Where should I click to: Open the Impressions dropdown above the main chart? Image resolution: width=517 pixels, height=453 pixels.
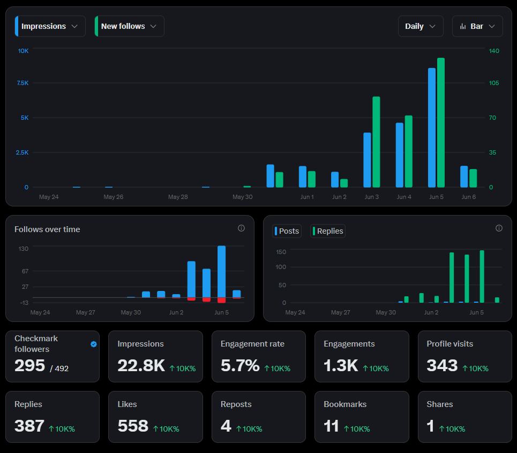coord(50,26)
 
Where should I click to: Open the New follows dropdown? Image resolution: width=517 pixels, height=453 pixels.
coord(129,26)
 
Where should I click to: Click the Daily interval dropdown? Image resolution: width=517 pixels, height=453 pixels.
coord(421,26)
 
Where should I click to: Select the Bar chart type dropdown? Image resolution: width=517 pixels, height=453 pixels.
coord(477,26)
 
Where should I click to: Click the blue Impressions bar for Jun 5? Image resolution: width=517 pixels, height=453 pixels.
coord(432,128)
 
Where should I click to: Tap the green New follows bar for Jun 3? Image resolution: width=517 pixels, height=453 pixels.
coord(376,142)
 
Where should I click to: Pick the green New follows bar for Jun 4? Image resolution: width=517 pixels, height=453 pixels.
coord(409,151)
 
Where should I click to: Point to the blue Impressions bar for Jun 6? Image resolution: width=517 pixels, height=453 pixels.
coord(464,176)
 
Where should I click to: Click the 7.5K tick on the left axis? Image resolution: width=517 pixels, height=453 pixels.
coord(23,83)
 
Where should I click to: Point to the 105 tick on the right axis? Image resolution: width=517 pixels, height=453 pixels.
coord(493,83)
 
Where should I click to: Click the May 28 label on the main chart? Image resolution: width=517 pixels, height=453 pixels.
coord(178,197)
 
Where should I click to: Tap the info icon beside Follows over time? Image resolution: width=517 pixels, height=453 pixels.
coord(241,228)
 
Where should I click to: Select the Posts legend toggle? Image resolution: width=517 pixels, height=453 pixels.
coord(287,231)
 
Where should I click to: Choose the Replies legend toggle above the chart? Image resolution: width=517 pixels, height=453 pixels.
coord(328,231)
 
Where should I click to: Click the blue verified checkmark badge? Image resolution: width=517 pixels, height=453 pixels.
coord(94,344)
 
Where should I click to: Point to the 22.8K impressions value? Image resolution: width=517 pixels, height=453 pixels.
coord(141,365)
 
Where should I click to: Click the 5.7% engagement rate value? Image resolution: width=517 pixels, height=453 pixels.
coord(240,365)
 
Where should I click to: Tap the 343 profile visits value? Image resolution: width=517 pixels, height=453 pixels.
coord(442,365)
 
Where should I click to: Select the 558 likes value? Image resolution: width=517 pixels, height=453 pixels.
coord(133,426)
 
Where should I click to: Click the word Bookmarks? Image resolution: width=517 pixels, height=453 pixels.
coord(345,404)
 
